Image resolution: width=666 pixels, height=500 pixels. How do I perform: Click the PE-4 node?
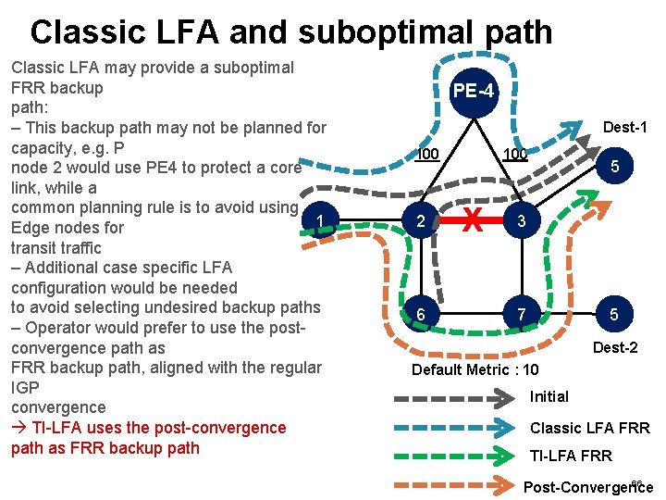pos(475,92)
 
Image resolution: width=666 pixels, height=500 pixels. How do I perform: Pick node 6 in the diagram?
pos(421,315)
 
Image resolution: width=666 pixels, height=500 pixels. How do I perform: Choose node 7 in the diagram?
pos(523,315)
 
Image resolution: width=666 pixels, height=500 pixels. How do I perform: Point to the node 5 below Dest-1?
pos(614,166)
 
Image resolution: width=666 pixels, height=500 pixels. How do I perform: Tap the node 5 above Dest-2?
pos(614,315)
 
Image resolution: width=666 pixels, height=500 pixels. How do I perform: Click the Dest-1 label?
pos(624,127)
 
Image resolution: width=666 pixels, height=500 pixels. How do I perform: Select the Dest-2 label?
pos(614,348)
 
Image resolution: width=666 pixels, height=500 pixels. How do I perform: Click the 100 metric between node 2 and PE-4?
pos(425,154)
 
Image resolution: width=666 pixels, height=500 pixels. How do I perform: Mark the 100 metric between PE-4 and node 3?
pos(514,154)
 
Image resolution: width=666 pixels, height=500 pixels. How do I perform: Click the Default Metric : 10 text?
pos(475,369)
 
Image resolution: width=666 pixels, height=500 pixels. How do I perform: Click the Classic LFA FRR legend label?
pos(589,428)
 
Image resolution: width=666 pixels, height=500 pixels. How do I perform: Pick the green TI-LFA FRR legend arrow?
pos(454,455)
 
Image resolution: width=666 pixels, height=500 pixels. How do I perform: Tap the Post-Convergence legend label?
pos(587,487)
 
